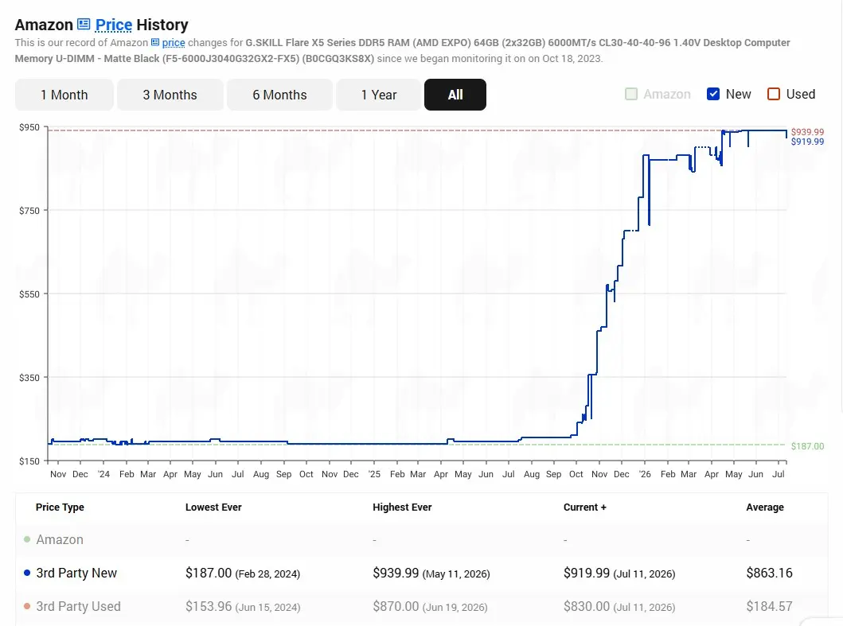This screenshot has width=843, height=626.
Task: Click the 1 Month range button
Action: click(64, 95)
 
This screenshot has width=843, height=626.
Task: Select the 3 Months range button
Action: click(170, 95)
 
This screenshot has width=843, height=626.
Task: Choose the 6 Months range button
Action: click(279, 95)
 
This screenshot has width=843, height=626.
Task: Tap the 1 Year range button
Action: click(378, 95)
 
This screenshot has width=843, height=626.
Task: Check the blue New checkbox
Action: click(713, 94)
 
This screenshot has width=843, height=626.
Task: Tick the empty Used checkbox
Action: click(774, 94)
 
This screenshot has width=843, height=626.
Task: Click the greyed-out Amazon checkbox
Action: click(631, 94)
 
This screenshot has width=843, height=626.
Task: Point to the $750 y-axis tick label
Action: click(29, 211)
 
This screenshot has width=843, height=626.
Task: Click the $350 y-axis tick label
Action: click(29, 378)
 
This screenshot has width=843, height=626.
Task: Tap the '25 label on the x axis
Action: click(374, 474)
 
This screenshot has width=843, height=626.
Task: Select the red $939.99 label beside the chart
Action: click(807, 132)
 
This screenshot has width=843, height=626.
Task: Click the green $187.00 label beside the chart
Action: click(807, 446)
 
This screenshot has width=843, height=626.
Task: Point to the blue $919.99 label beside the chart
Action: click(807, 142)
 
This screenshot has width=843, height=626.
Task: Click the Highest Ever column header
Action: click(402, 507)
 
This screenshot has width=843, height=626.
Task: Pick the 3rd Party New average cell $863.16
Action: click(769, 573)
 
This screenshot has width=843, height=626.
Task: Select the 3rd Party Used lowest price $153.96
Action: click(209, 606)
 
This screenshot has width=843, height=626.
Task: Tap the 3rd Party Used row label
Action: click(79, 606)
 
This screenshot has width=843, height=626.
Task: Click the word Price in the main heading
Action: click(114, 25)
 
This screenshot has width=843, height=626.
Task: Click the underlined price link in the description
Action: click(174, 42)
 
